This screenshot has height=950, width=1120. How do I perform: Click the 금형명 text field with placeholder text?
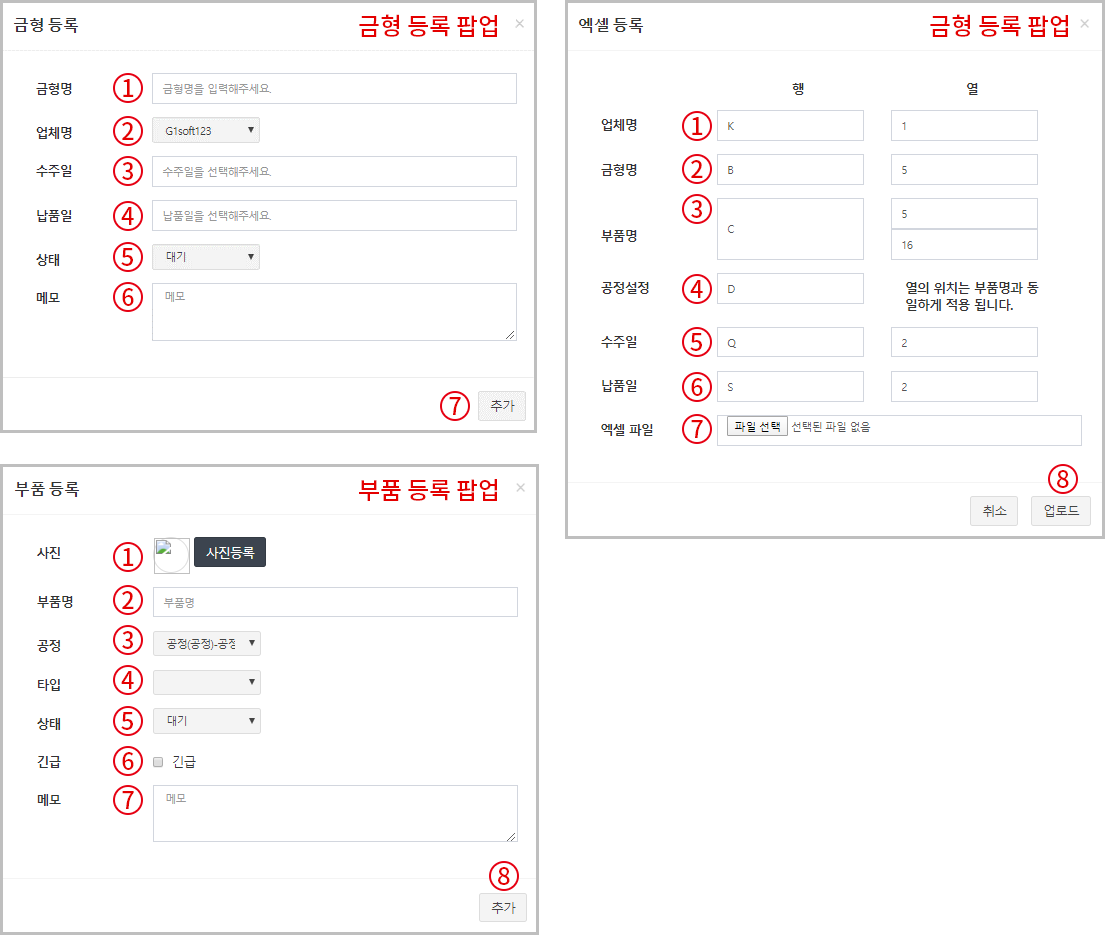click(334, 89)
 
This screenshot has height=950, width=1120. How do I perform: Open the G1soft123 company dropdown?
click(206, 131)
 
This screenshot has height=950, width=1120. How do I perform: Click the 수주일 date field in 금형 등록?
click(334, 171)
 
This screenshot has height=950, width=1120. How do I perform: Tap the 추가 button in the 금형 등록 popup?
click(502, 406)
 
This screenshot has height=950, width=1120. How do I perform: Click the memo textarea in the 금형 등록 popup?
click(334, 312)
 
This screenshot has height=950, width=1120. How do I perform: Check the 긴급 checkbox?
click(159, 762)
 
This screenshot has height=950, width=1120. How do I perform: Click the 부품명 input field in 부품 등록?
click(335, 602)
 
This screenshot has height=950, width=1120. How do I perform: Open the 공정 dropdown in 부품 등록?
click(206, 644)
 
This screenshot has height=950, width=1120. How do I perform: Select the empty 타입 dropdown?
click(206, 682)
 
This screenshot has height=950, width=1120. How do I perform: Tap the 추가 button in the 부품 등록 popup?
click(503, 907)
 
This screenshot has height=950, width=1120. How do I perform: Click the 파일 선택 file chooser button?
click(757, 426)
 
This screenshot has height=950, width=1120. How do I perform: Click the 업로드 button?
click(1061, 511)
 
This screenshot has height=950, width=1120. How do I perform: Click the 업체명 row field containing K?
click(790, 126)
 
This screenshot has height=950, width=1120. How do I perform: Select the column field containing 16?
click(964, 245)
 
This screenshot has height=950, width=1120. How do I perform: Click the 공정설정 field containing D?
click(790, 289)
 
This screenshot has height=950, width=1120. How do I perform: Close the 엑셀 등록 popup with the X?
click(1084, 24)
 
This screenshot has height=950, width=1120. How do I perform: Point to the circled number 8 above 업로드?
click(1063, 479)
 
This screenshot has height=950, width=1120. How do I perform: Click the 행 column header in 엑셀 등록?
click(798, 89)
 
